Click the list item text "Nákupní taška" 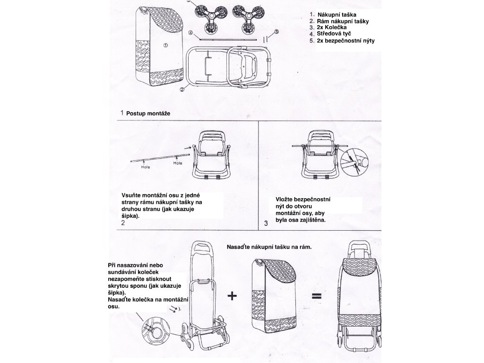[336, 15]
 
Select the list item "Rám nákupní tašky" [343, 22]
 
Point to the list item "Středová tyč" [334, 34]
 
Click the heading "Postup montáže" [148, 114]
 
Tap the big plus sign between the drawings [232, 296]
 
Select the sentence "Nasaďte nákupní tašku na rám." [269, 247]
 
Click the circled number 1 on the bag [165, 45]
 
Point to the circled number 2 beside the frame [182, 89]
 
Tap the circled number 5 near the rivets [277, 32]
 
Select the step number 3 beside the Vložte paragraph [266, 224]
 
